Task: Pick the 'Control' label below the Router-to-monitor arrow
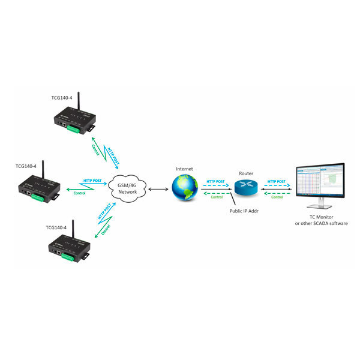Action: click(277, 197)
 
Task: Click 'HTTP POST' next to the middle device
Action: click(92, 180)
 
